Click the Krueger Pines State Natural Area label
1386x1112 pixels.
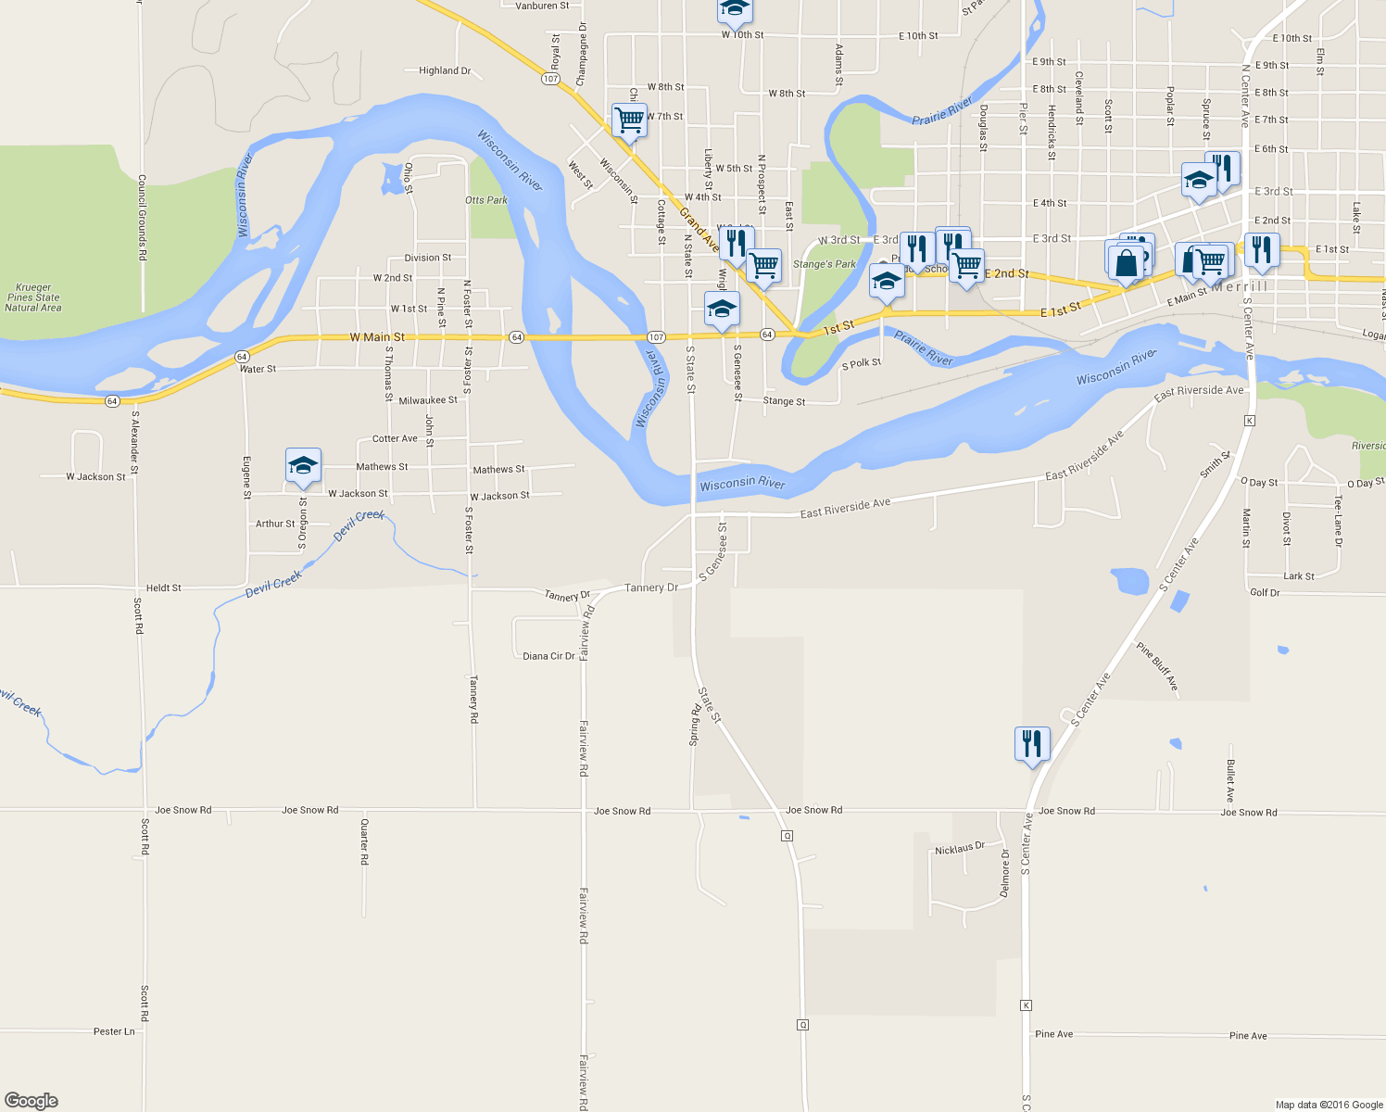(x=33, y=297)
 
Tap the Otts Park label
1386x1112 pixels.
(x=486, y=200)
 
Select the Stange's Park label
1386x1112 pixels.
(x=825, y=264)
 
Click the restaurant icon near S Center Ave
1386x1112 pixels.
(x=1031, y=744)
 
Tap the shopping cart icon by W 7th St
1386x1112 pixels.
(x=629, y=120)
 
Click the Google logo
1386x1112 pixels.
(x=31, y=1101)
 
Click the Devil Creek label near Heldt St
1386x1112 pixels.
(x=274, y=584)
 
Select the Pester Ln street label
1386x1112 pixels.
(x=114, y=1031)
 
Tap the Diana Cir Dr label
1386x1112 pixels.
(x=548, y=656)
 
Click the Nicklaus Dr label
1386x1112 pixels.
(x=960, y=849)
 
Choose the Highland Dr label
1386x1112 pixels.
(x=445, y=70)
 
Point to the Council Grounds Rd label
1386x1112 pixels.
(x=142, y=218)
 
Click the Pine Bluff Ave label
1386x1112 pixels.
(x=1158, y=666)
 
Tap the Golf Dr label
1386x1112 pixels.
(x=1265, y=592)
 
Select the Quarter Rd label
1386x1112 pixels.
(x=364, y=841)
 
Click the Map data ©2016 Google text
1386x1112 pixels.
(x=1329, y=1105)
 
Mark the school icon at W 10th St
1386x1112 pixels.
(x=735, y=9)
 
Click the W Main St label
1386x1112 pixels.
(x=377, y=337)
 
